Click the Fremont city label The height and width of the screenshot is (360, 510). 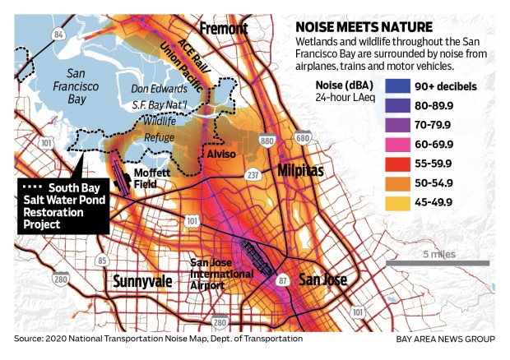220,28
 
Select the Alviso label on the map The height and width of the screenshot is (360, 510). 220,152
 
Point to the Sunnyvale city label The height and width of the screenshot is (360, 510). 143,281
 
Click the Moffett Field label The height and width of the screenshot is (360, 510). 157,179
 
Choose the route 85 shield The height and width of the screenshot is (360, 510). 103,261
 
